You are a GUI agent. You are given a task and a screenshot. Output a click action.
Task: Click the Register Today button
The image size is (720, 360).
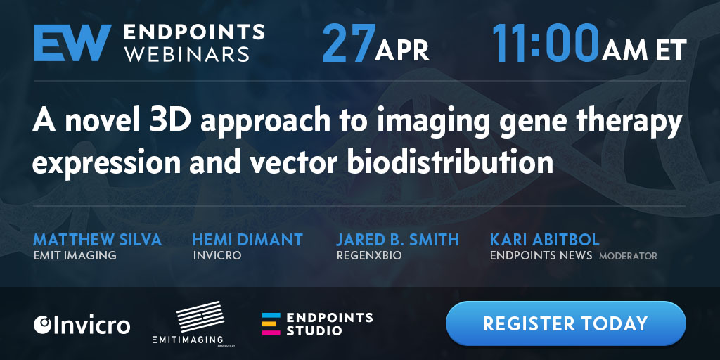(x=566, y=323)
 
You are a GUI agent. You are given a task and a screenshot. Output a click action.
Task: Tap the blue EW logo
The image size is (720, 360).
(x=72, y=43)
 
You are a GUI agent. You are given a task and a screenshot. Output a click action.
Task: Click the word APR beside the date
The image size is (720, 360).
(x=401, y=50)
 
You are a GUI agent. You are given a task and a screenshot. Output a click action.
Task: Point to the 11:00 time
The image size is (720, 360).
(x=546, y=43)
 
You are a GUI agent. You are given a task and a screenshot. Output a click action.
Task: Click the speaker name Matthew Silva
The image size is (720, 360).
(x=97, y=240)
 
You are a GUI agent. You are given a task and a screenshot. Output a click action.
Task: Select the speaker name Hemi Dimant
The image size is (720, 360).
(x=247, y=240)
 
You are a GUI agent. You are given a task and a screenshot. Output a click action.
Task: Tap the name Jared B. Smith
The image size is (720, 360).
(x=398, y=240)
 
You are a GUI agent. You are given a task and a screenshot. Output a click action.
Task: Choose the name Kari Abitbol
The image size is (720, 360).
(x=545, y=240)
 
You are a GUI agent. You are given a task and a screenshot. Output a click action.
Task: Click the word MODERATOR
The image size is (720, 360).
(x=628, y=256)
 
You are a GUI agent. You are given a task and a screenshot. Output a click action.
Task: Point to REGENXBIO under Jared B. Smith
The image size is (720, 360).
(x=369, y=256)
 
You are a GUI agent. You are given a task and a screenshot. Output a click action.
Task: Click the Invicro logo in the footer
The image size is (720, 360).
(x=82, y=325)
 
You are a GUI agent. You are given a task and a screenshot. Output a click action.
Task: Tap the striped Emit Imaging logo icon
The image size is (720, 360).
(x=200, y=316)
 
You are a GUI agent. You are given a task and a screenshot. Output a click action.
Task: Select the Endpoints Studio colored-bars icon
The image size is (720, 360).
(x=271, y=324)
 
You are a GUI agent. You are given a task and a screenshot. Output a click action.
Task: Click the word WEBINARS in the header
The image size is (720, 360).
(x=187, y=54)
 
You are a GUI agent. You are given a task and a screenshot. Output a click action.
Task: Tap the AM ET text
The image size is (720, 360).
(x=645, y=51)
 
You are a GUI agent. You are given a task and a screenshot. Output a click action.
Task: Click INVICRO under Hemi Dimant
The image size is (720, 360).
(x=217, y=256)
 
